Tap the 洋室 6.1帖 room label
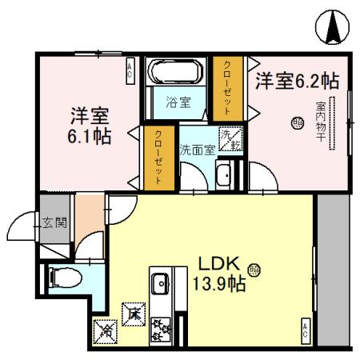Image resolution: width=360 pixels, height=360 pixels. tap(88, 124)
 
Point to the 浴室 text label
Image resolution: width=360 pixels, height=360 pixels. tap(178, 102)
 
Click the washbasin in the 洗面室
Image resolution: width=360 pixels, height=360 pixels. tap(225, 174)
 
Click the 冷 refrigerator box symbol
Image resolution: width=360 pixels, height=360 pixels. tap(104, 328)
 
